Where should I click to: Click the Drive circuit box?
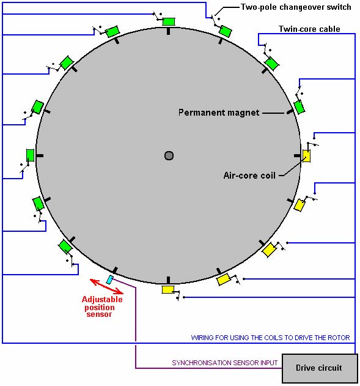320,368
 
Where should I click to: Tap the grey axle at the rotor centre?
169,155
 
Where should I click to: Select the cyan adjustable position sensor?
110,280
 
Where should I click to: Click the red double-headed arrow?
106,286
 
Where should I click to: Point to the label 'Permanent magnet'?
219,113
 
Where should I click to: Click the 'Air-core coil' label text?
249,176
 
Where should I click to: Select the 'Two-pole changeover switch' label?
296,7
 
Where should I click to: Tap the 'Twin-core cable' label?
309,29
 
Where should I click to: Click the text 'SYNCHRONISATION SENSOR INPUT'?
224,363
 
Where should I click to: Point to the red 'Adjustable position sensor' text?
101,306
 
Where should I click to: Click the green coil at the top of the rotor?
169,21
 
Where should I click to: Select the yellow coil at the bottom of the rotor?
168,289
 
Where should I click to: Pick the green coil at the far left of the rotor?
30,155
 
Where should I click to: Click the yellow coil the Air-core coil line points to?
306,156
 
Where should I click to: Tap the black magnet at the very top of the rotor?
169,31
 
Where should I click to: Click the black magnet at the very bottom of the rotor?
168,280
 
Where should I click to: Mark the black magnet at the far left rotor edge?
40,155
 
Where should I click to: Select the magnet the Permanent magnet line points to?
290,113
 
